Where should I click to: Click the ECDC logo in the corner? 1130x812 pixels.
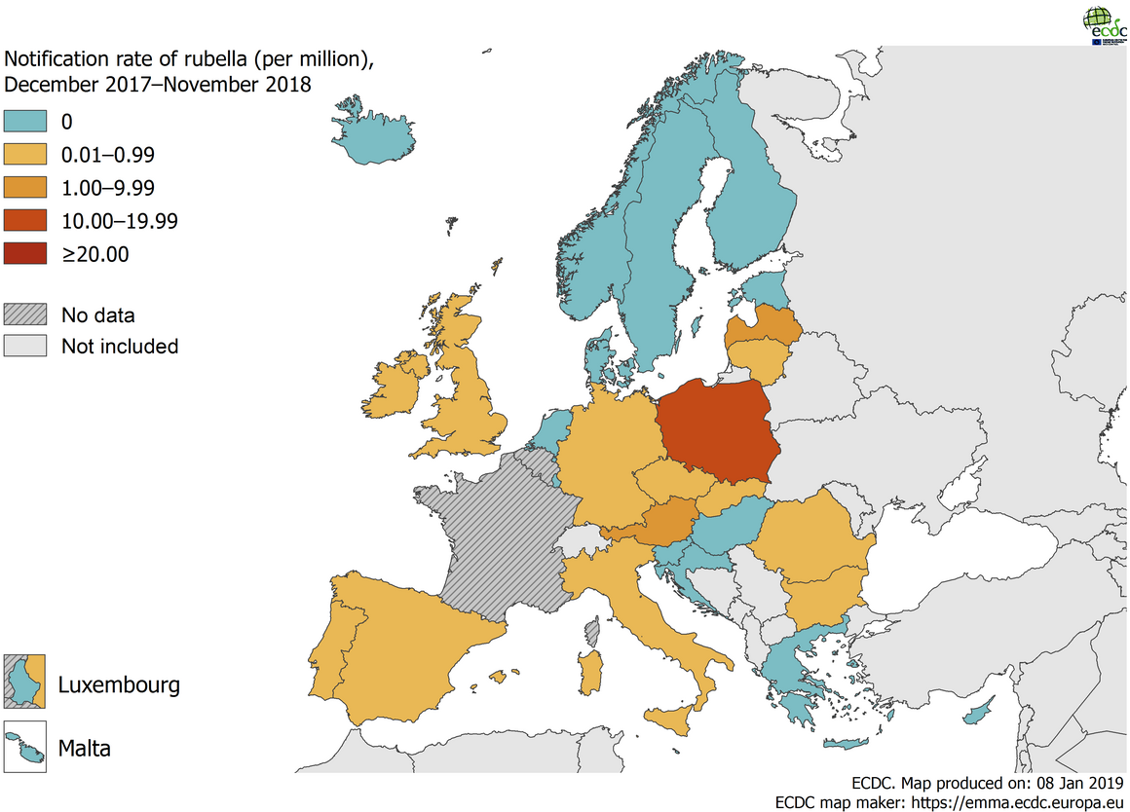(1101, 25)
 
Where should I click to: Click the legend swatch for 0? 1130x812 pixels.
(25, 121)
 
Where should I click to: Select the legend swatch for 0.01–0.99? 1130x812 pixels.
(25, 154)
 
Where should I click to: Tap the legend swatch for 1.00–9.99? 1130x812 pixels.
(25, 187)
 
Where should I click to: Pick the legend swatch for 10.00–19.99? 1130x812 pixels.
(25, 220)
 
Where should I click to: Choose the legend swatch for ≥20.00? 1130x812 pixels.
(25, 253)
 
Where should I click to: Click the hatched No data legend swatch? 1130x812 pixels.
(25, 314)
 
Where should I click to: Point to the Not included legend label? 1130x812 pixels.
(119, 347)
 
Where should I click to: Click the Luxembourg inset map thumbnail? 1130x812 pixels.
(25, 682)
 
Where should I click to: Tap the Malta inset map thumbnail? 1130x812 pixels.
(25, 748)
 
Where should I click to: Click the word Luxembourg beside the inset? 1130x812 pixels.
(119, 684)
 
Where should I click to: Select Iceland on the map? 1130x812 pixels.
(375, 134)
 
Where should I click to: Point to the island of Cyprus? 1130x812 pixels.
(977, 713)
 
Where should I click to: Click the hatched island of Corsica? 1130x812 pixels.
(591, 635)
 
